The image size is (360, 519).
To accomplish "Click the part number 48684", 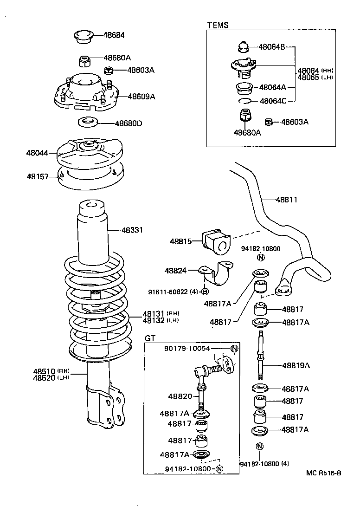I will pyautogui.click(x=114, y=35).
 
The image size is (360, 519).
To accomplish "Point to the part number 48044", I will pyautogui.click(x=37, y=152).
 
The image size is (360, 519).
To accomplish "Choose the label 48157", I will pyautogui.click(x=37, y=176).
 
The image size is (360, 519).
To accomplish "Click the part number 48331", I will pyautogui.click(x=132, y=230).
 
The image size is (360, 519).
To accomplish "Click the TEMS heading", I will pyautogui.click(x=218, y=26).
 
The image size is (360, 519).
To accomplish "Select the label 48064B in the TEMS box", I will pyautogui.click(x=272, y=47).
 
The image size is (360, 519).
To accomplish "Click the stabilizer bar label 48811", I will pyautogui.click(x=286, y=200).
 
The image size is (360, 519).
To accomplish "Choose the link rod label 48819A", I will pyautogui.click(x=296, y=365).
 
